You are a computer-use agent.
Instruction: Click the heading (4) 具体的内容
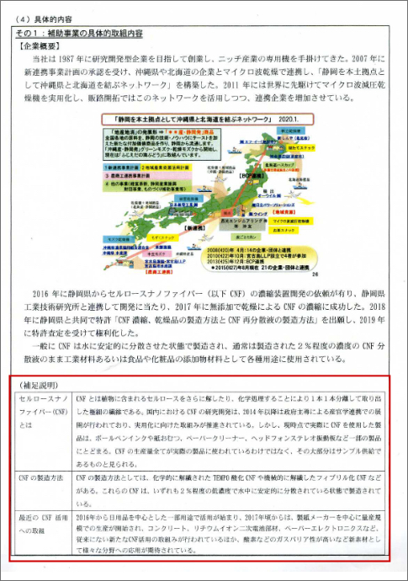(40, 14)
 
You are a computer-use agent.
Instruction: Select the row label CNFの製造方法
(41, 478)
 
